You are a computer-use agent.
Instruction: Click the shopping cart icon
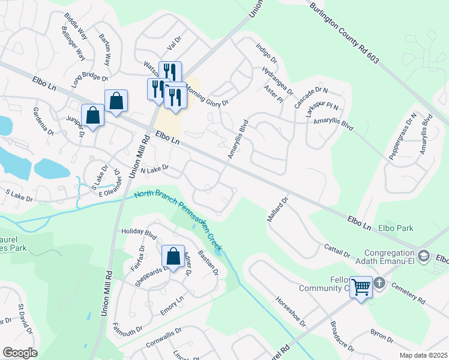[x=361, y=287]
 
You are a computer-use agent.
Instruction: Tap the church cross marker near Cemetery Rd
[x=379, y=282]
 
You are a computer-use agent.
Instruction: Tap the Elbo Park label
[x=396, y=229]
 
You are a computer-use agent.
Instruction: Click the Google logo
[x=20, y=353]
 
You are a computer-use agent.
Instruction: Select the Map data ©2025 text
[x=423, y=355]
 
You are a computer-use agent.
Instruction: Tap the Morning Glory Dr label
[x=207, y=95]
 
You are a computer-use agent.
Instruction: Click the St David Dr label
[x=25, y=314]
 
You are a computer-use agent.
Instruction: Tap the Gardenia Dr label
[x=44, y=121]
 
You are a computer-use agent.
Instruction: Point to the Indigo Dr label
[x=267, y=53]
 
